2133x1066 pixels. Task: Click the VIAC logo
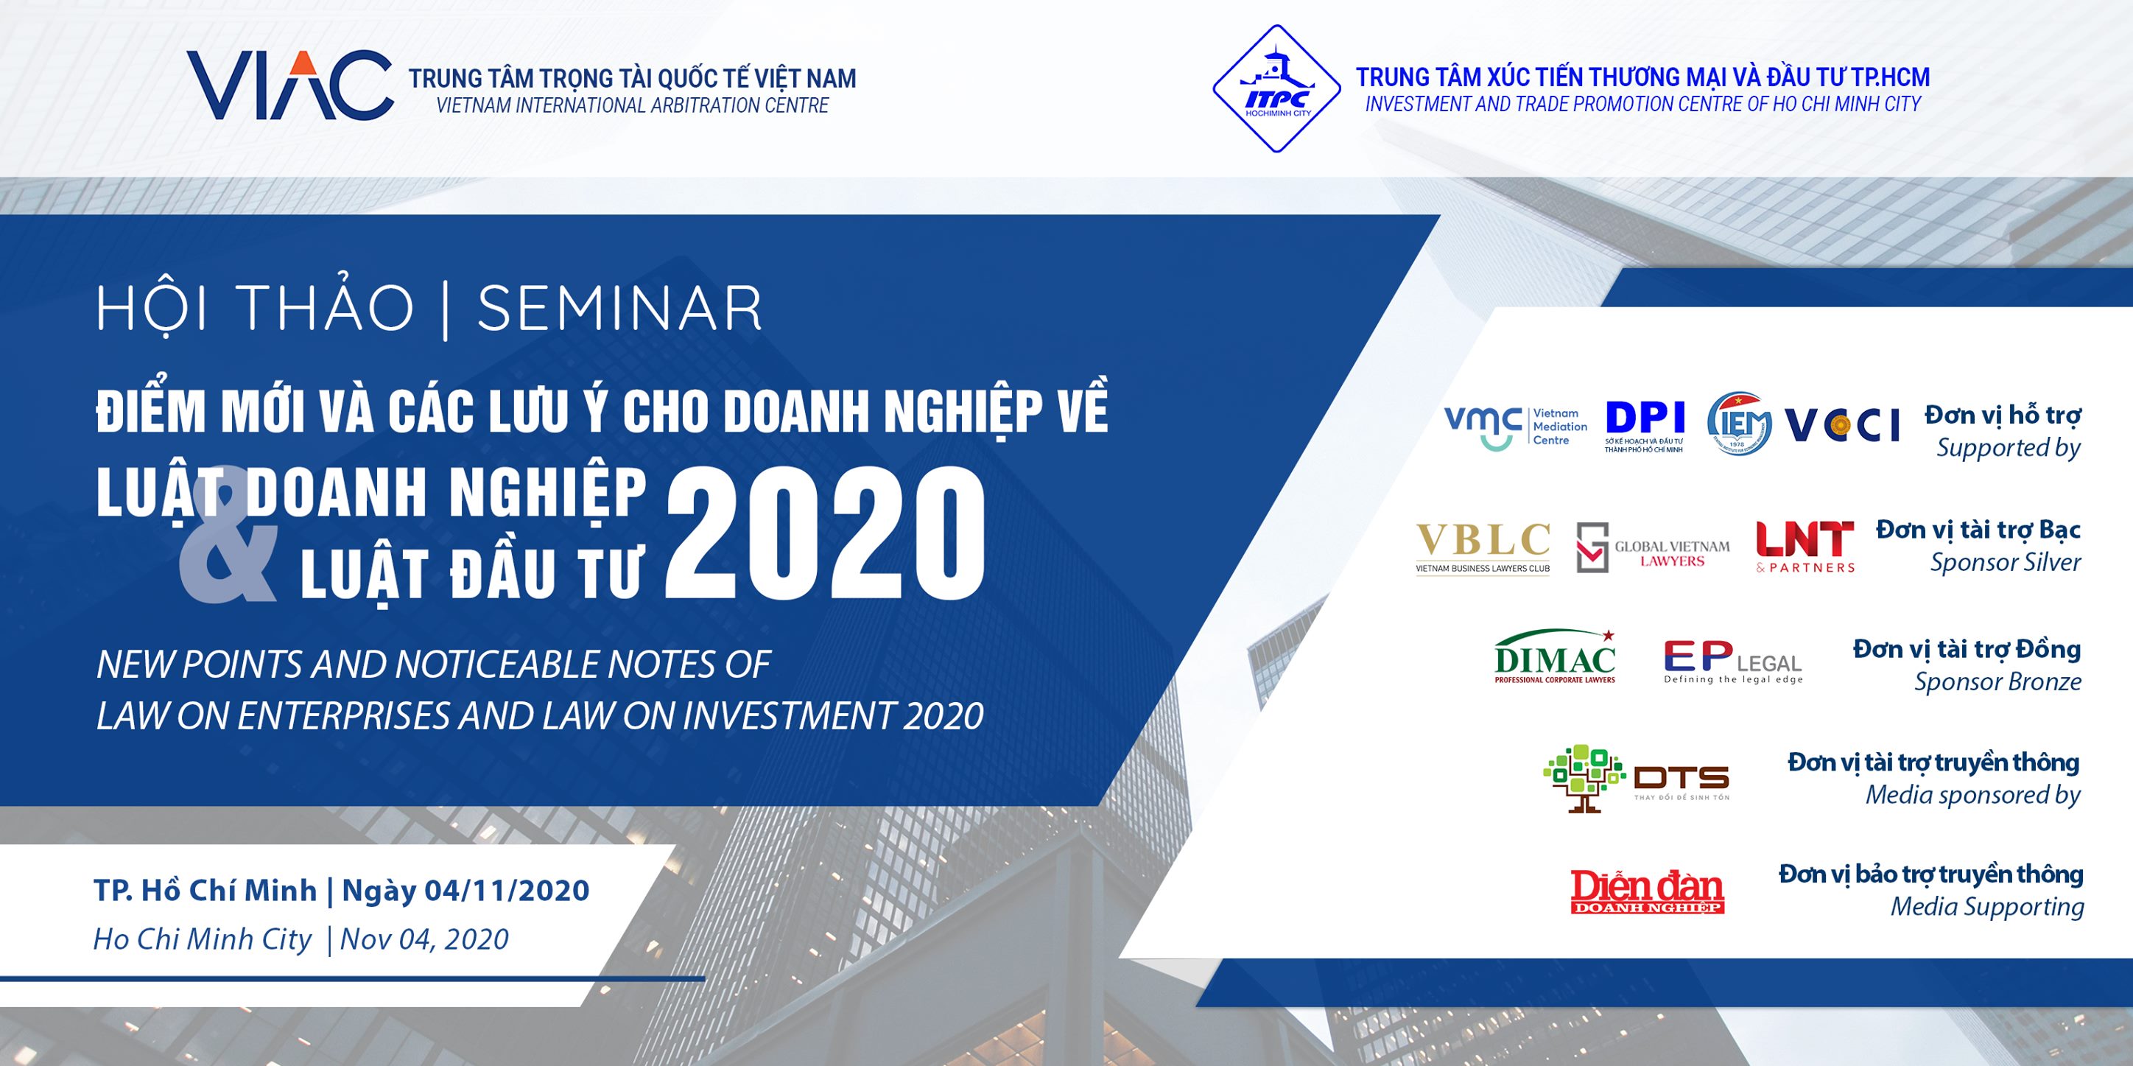click(x=289, y=85)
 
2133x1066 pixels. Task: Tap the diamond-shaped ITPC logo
click(x=1277, y=88)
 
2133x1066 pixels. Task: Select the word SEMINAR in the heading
click(x=619, y=308)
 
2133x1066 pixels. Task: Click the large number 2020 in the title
click(x=826, y=531)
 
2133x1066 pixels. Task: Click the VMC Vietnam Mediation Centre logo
click(x=1516, y=427)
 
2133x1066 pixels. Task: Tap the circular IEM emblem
click(x=1739, y=424)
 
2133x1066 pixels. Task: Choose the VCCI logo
click(x=1841, y=426)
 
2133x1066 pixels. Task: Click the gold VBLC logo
click(x=1483, y=547)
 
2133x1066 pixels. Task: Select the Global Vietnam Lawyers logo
click(x=1653, y=547)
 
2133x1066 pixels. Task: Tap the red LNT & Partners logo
click(x=1805, y=547)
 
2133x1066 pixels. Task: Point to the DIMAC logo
click(x=1555, y=656)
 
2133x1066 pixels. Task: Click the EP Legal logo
click(x=1733, y=662)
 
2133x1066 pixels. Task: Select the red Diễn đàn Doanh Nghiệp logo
click(x=1647, y=891)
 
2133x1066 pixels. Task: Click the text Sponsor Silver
click(x=2006, y=562)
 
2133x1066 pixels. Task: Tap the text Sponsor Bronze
click(x=1997, y=681)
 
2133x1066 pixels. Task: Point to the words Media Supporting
click(x=1987, y=907)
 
